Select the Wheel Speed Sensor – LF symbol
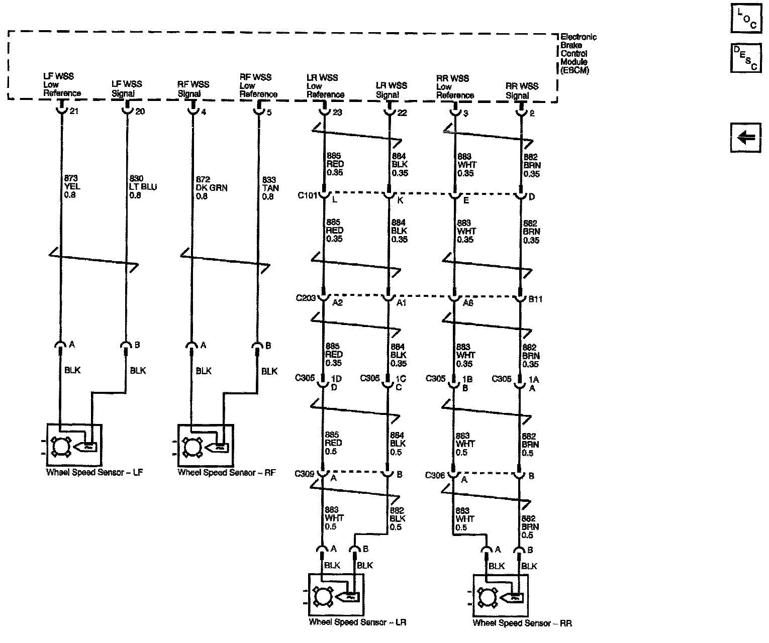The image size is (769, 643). click(x=74, y=445)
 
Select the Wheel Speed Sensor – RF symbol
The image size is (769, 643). click(x=205, y=445)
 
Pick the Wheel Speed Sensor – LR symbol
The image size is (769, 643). click(x=336, y=595)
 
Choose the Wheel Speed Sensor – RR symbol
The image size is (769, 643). click(x=500, y=595)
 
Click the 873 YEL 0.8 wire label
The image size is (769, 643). click(x=72, y=186)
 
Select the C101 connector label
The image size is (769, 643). click(x=307, y=195)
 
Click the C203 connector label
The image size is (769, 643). click(x=306, y=298)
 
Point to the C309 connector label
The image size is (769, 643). click(x=305, y=473)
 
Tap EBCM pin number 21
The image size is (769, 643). click(x=74, y=111)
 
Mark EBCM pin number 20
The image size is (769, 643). click(x=140, y=111)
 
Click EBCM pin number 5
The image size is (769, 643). click(x=269, y=112)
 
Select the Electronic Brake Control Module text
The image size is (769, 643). click(x=578, y=53)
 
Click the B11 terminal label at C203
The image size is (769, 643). click(x=535, y=299)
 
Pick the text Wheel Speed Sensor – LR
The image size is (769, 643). click(x=357, y=622)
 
